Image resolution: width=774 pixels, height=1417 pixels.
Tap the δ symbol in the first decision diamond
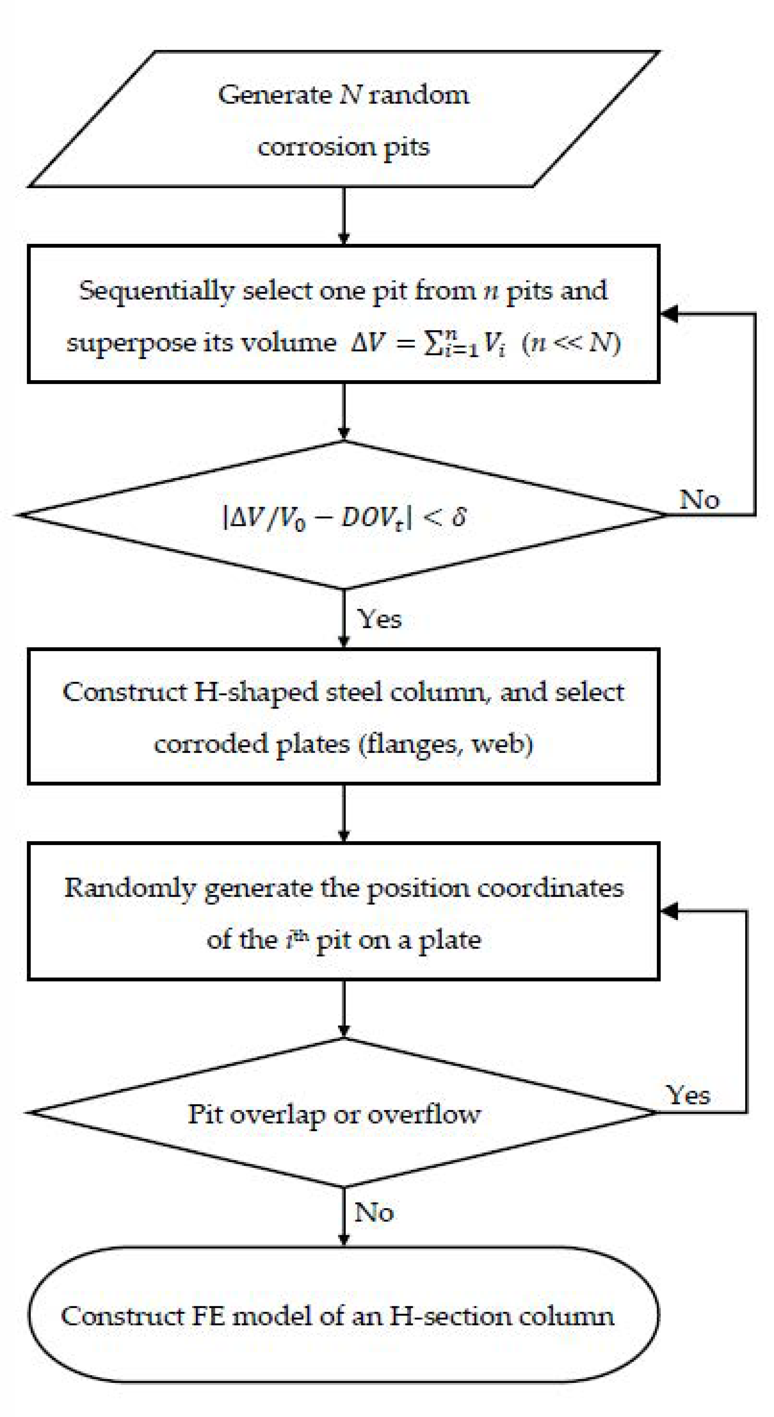coord(458,517)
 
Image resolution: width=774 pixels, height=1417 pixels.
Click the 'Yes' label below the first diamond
coord(380,619)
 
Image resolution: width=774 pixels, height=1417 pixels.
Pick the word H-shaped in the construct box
coord(256,692)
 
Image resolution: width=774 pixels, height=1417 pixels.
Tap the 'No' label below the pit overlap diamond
coord(374,1212)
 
